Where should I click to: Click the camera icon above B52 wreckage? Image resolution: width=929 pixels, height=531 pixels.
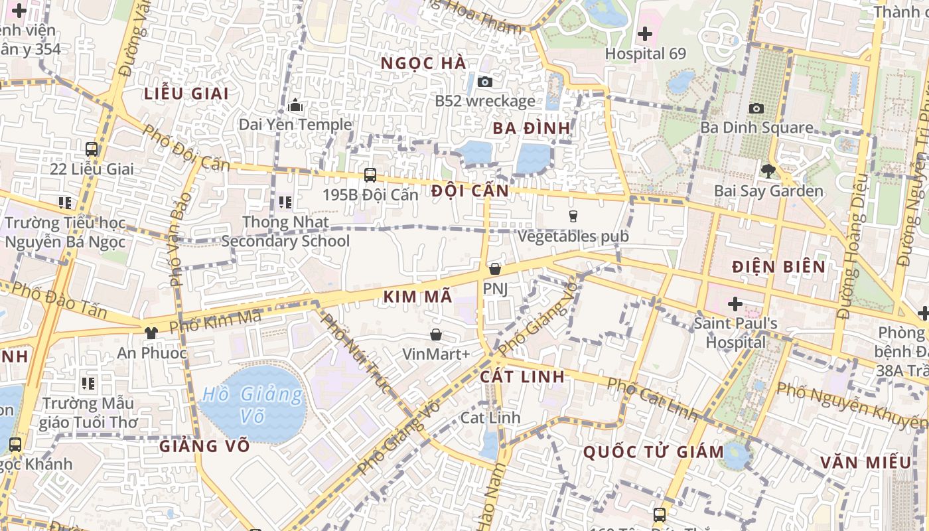point(485,82)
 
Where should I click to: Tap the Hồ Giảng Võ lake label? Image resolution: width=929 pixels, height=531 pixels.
point(252,405)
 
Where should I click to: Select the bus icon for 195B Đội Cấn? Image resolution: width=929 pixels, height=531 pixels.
point(370,175)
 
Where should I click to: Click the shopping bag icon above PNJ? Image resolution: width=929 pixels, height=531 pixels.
point(494,269)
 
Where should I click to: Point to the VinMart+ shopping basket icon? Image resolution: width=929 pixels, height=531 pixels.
point(436,335)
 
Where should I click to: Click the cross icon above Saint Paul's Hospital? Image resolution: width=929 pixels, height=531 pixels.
point(735,304)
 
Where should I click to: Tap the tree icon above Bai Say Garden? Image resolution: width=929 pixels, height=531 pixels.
point(768,171)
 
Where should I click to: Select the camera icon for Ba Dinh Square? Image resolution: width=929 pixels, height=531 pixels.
point(756,108)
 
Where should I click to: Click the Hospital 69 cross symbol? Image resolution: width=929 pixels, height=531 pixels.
point(644,34)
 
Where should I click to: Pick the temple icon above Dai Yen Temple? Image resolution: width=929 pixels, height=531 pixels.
point(295,105)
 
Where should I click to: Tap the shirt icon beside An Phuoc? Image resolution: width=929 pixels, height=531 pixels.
point(151,333)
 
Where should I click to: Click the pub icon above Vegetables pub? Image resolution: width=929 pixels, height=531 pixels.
point(573,216)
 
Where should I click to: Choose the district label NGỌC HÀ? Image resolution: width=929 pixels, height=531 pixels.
point(423,64)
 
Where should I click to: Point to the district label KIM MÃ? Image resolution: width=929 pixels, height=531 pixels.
point(417,297)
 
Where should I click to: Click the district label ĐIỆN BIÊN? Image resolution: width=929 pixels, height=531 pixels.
point(779,267)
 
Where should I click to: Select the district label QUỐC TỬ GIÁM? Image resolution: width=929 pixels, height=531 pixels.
point(653,452)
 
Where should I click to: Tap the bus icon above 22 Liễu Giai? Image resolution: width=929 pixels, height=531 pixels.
point(92,149)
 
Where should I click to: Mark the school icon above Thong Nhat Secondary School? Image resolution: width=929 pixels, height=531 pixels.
point(285,202)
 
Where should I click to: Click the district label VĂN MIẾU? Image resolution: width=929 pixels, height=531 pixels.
point(865,462)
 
